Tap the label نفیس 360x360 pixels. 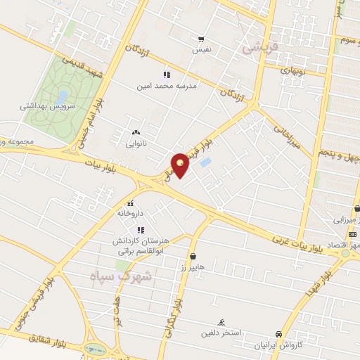(x=202, y=50)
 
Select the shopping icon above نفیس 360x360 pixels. (x=202, y=39)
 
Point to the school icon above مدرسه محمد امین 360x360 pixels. (x=167, y=75)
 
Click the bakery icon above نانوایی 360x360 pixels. (x=135, y=132)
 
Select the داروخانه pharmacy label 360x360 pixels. (x=131, y=212)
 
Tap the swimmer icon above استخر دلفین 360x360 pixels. (x=221, y=321)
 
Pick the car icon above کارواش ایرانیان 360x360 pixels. (x=280, y=335)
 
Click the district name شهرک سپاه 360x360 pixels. (x=122, y=276)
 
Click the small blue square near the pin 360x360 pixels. (x=205, y=162)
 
